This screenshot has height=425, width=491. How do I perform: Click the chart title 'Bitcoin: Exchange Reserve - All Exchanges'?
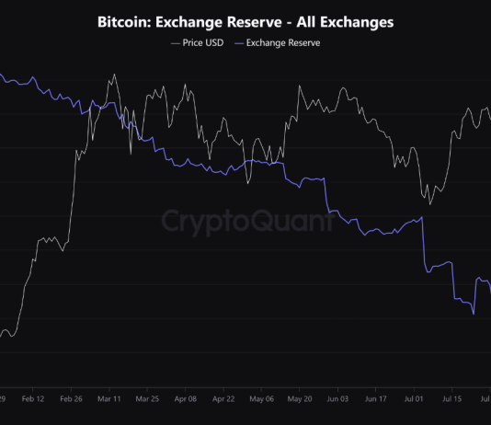(245, 20)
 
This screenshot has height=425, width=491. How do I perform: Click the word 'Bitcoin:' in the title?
(125, 20)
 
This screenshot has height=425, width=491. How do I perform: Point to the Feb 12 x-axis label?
(33, 400)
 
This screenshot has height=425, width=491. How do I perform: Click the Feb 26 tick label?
(71, 400)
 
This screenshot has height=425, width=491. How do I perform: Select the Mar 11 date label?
(109, 400)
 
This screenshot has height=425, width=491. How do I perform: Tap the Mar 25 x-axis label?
(147, 400)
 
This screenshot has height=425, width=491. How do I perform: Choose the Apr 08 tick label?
(185, 400)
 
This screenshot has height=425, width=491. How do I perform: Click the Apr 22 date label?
(223, 400)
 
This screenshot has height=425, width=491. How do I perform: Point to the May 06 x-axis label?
(261, 400)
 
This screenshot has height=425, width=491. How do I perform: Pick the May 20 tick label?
(300, 400)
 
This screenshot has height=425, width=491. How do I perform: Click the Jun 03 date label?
(337, 400)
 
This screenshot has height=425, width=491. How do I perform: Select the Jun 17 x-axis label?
(375, 400)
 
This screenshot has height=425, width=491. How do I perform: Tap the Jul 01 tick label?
(414, 400)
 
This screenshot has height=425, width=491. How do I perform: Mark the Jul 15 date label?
(451, 400)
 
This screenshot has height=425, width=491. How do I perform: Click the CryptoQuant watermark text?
(245, 222)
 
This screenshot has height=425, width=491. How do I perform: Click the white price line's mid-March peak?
(114, 75)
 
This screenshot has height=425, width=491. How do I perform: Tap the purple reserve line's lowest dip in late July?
(474, 315)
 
